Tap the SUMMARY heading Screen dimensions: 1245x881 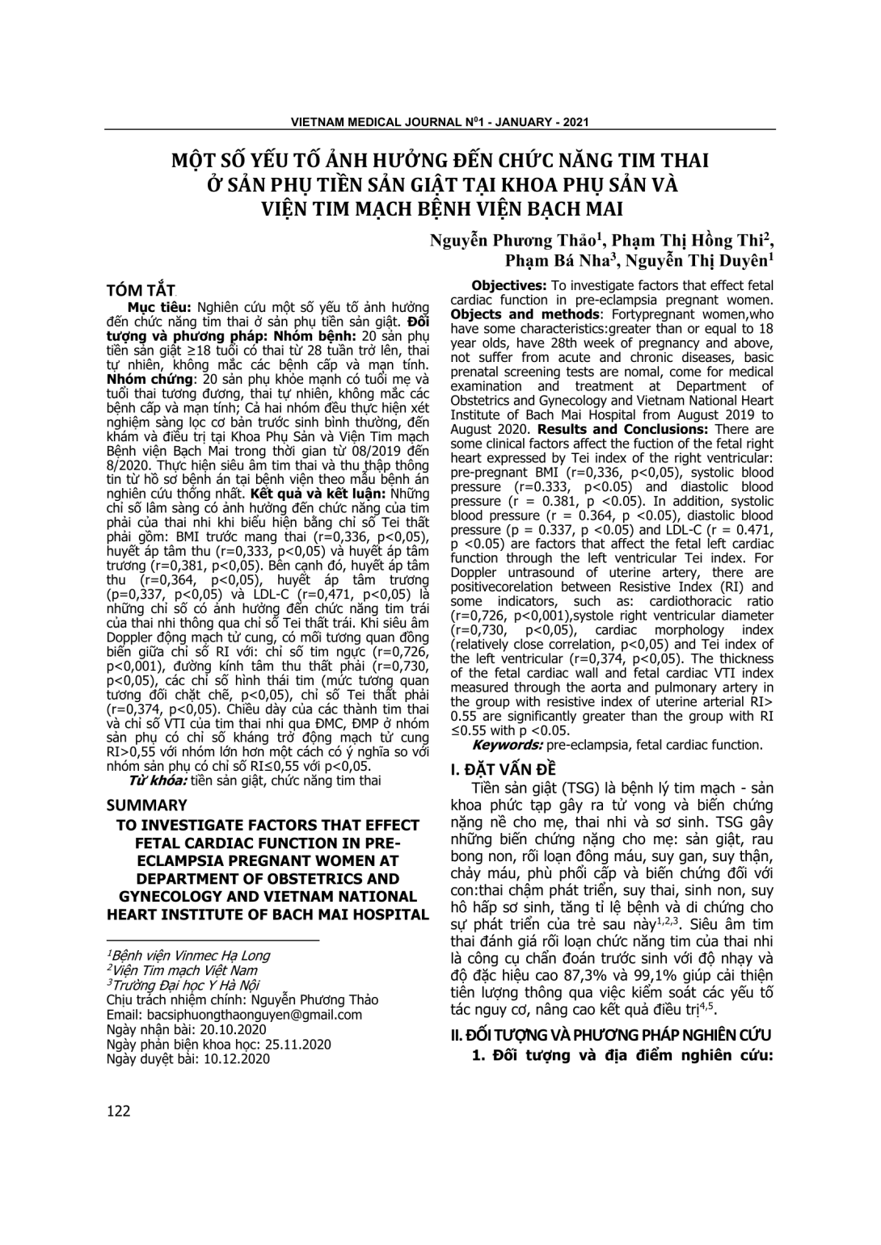pos(146,805)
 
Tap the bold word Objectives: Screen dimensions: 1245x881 pos(509,285)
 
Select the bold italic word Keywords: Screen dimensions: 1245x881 pos(508,745)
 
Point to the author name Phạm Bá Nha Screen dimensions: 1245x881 pos(558,260)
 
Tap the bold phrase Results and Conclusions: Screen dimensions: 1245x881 pos(626,429)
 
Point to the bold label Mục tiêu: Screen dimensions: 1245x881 pos(158,307)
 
